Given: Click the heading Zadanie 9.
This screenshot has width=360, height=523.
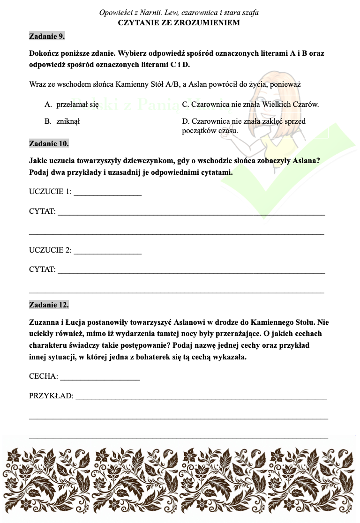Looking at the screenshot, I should click(x=47, y=36).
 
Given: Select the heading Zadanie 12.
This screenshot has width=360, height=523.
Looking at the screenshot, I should click(x=49, y=305).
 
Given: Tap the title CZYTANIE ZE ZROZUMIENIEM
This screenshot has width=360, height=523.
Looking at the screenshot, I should click(x=179, y=22).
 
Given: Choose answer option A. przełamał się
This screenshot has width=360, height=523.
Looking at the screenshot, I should click(x=72, y=105).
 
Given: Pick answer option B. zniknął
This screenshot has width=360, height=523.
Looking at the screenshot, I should click(x=62, y=121).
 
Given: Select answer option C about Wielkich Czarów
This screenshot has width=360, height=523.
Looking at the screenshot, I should click(x=250, y=105).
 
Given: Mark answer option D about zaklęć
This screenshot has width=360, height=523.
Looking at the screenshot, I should click(x=244, y=121).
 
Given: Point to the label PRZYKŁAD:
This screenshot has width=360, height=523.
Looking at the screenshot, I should click(x=51, y=396).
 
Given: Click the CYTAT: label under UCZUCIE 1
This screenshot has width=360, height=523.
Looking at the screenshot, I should click(x=42, y=212).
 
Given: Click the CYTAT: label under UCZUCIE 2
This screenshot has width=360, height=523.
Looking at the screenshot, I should click(x=42, y=270).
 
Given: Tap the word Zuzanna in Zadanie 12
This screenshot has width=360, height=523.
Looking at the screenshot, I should click(x=44, y=322).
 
